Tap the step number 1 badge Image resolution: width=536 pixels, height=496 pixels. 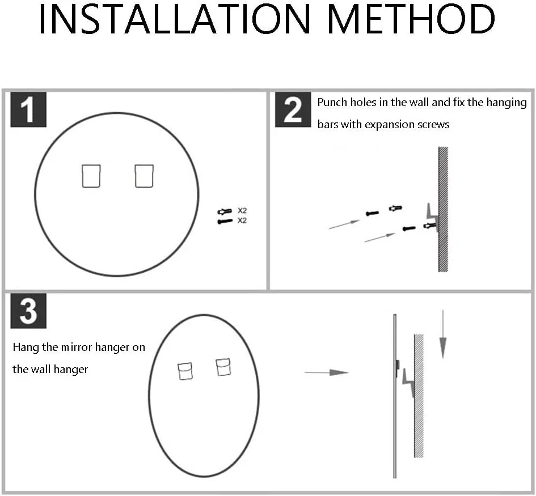(28, 109)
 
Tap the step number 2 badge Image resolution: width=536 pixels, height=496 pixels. (293, 109)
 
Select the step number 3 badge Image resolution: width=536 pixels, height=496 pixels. (28, 311)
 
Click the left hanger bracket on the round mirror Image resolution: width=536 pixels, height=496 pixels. (91, 176)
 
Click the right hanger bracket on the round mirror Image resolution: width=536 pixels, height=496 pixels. (144, 176)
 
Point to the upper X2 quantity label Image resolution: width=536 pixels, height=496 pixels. (242, 211)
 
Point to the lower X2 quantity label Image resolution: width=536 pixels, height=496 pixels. (242, 221)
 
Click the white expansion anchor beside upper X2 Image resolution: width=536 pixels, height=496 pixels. (225, 211)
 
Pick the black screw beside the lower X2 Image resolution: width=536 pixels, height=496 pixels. (225, 221)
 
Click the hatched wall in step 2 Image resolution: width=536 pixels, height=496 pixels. (443, 209)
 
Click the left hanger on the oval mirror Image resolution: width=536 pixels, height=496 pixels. (185, 371)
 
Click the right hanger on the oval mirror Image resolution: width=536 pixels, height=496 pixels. (223, 367)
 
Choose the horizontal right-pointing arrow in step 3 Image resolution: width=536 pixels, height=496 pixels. (327, 372)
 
